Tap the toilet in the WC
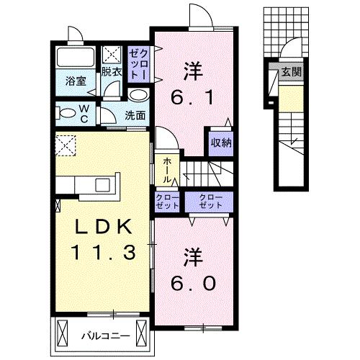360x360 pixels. pyautogui.click(x=67, y=112)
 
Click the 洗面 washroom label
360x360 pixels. pyautogui.click(x=134, y=114)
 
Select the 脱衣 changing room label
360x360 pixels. pyautogui.click(x=111, y=72)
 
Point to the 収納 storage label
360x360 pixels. pyautogui.click(x=221, y=142)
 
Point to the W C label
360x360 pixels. pyautogui.click(x=84, y=112)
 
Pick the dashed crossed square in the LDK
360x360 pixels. pyautogui.click(x=67, y=146)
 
